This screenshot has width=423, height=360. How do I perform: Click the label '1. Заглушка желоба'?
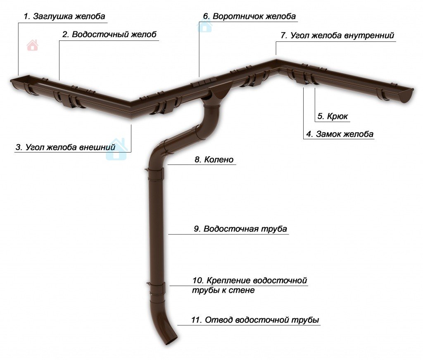pyautogui.click(x=64, y=17)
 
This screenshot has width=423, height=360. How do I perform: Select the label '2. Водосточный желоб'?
pyautogui.click(x=109, y=35)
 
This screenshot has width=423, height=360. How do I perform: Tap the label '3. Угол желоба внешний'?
pyautogui.click(x=71, y=147)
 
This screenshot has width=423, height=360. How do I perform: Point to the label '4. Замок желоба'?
pyautogui.click(x=340, y=134)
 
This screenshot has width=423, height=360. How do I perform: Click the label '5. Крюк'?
pyautogui.click(x=333, y=117)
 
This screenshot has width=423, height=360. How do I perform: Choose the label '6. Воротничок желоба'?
pyautogui.click(x=249, y=17)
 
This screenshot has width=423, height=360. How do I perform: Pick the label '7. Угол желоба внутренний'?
pyautogui.click(x=337, y=36)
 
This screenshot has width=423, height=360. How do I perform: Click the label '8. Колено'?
pyautogui.click(x=214, y=160)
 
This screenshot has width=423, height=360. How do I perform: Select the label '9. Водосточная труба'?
pyautogui.click(x=240, y=229)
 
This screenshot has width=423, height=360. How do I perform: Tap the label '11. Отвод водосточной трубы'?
pyautogui.click(x=255, y=320)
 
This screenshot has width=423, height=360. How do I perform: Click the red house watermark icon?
pyautogui.click(x=32, y=45)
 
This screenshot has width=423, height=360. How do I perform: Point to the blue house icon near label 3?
pyautogui.click(x=116, y=150)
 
